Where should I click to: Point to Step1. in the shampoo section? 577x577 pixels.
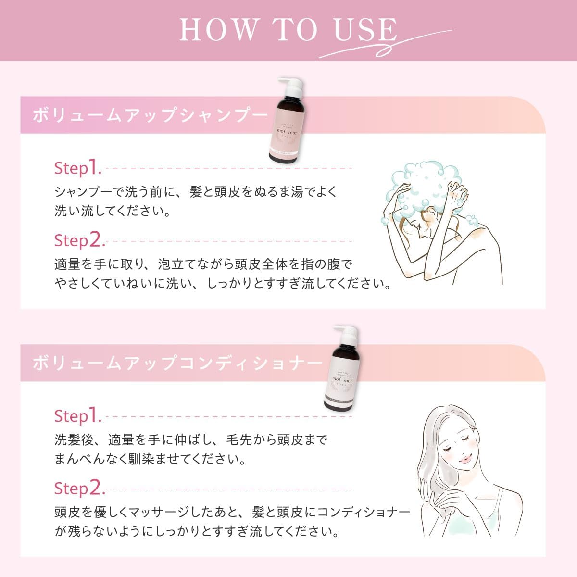coord(77,168)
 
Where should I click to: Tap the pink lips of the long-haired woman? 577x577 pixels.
coord(465,459)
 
